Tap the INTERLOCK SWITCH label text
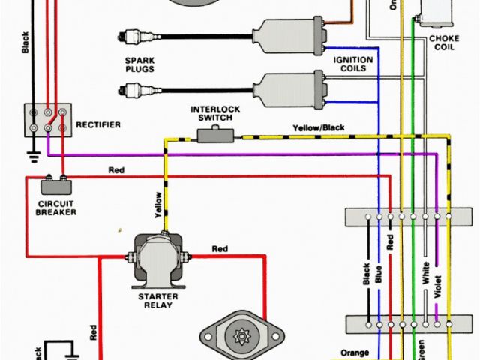214,113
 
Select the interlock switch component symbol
215,135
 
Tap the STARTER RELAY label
155,300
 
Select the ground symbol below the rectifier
32,158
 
